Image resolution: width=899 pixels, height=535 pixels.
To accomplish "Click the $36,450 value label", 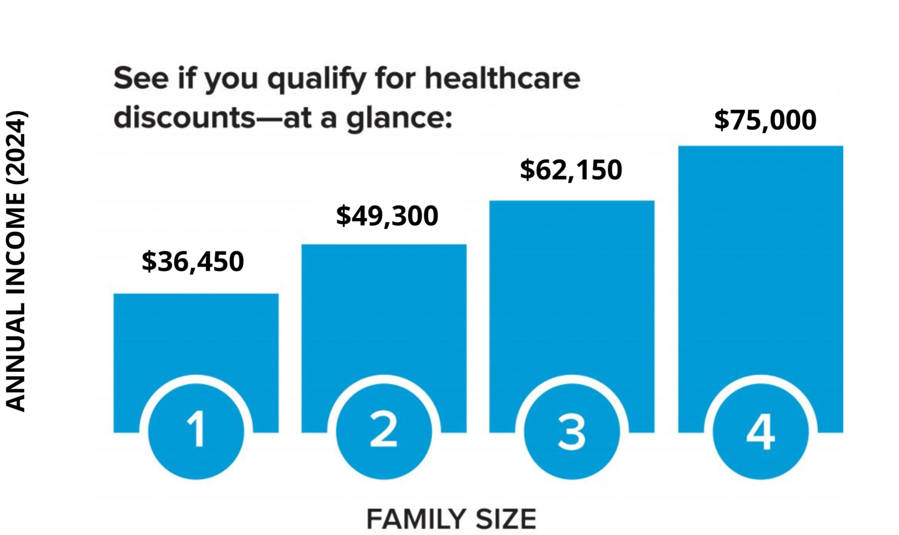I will click(193, 262).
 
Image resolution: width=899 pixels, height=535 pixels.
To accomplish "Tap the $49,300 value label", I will click(387, 216).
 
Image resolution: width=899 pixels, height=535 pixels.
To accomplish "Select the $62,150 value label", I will click(571, 170).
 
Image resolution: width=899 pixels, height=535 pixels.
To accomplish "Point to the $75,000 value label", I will click(765, 120).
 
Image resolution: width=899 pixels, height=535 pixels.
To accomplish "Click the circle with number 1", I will click(196, 431).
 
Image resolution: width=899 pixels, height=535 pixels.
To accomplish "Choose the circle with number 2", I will click(384, 431).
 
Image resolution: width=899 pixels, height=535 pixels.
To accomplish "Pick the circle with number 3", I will click(571, 431).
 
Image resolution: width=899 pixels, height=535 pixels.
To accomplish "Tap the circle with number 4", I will click(760, 431).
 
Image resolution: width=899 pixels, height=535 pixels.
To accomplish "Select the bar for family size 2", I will click(384, 309).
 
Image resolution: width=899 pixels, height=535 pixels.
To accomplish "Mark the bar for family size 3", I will click(571, 286).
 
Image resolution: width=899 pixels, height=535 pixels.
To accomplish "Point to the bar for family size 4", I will click(760, 258).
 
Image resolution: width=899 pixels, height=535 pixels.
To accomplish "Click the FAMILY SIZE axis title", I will click(451, 519).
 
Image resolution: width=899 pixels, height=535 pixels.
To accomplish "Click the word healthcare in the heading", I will click(502, 78).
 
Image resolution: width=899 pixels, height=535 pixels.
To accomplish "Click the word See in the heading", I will click(140, 78).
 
